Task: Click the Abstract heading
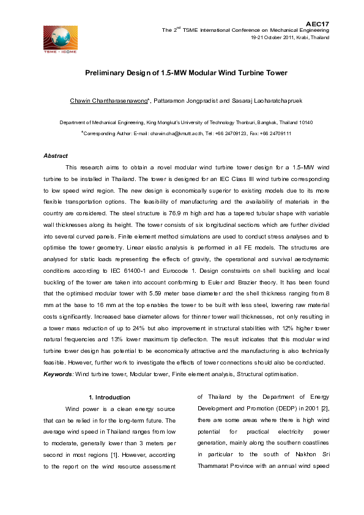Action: [56, 156]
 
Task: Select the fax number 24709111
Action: [277, 133]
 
